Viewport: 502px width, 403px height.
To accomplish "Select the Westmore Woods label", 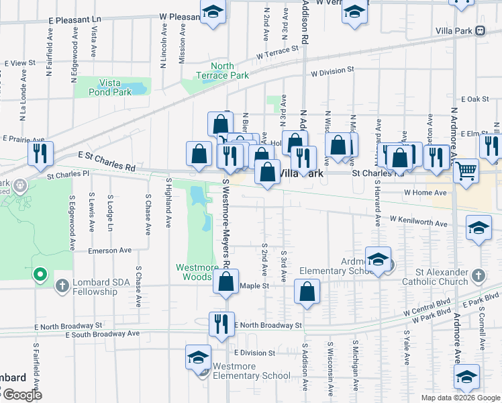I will click(x=197, y=272).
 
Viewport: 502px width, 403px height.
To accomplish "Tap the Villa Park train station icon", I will click(x=481, y=30).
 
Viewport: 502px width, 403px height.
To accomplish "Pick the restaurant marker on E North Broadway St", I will click(x=221, y=324).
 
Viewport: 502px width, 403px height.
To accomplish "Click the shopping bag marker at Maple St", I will click(x=226, y=281).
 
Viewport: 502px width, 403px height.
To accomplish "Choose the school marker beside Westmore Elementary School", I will click(x=199, y=357).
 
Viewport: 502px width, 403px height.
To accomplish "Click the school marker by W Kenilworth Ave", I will click(x=479, y=228).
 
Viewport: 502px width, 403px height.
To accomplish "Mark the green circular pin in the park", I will click(x=40, y=273).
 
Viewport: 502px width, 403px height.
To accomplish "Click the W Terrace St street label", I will click(x=277, y=53).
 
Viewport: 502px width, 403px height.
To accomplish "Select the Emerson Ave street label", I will click(x=110, y=250).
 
